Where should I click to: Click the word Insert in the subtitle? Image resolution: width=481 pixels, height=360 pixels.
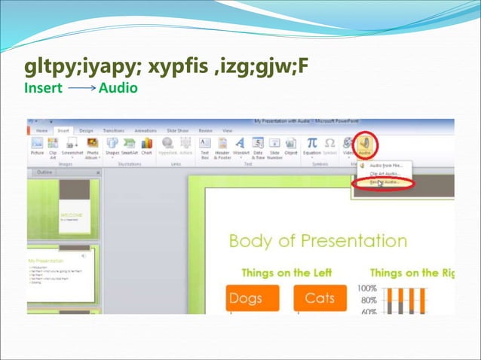(43, 88)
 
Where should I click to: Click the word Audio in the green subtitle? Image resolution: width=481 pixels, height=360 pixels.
(118, 88)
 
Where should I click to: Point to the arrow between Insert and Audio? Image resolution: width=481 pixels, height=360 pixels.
(81, 88)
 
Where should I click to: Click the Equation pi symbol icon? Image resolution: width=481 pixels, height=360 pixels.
(311, 142)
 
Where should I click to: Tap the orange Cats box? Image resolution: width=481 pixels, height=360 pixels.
(320, 298)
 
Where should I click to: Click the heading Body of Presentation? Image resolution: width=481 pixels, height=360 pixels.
(317, 241)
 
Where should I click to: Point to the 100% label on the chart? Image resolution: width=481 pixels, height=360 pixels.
(367, 288)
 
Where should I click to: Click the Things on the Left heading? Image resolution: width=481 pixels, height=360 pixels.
(289, 273)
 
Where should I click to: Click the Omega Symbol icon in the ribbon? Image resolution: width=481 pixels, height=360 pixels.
(329, 142)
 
